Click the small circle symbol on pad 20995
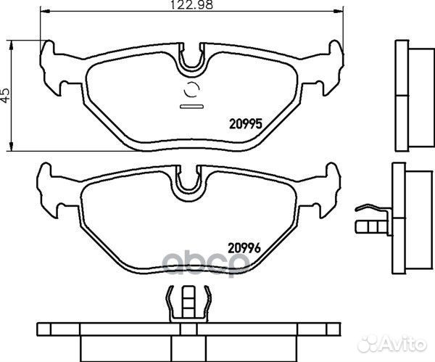point(192,91)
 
